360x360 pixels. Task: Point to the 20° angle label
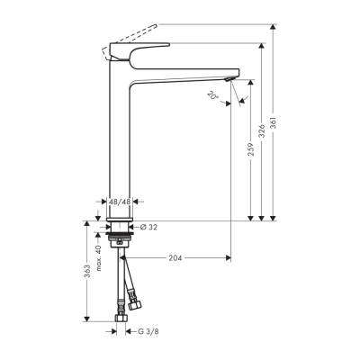(212, 95)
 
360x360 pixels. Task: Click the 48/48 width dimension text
(120, 203)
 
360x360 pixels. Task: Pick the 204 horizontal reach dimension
(176, 258)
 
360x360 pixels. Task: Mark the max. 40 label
(99, 258)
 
